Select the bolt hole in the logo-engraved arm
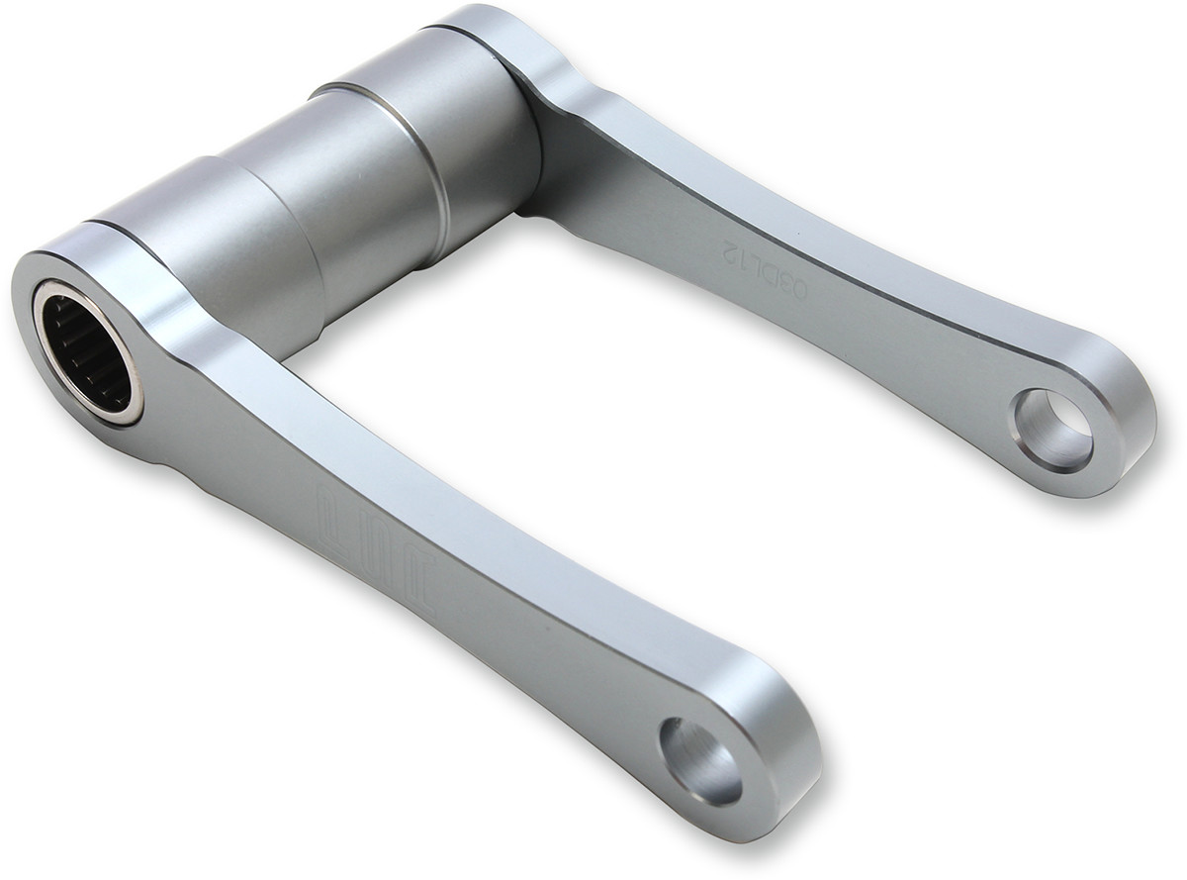[700, 760]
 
